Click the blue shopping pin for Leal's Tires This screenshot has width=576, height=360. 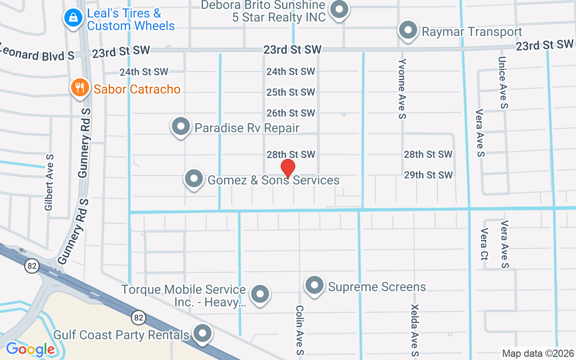click(x=72, y=18)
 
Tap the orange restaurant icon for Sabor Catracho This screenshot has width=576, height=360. click(x=80, y=87)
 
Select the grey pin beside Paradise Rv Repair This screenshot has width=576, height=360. click(x=181, y=126)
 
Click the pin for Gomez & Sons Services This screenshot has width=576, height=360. click(x=194, y=179)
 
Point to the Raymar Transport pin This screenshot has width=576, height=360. click(x=408, y=31)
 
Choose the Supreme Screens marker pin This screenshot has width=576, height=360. click(x=315, y=285)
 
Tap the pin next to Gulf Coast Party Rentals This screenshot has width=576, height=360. click(x=202, y=334)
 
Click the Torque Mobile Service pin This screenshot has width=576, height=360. click(x=260, y=294)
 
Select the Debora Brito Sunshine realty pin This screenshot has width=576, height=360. click(x=339, y=9)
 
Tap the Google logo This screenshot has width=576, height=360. click(x=31, y=349)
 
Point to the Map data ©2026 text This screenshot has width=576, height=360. click(x=538, y=353)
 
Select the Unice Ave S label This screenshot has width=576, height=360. click(x=503, y=82)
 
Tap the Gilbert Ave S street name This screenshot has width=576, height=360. click(x=49, y=182)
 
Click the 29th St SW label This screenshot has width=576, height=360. click(x=428, y=175)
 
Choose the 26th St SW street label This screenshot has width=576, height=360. click(x=291, y=113)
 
